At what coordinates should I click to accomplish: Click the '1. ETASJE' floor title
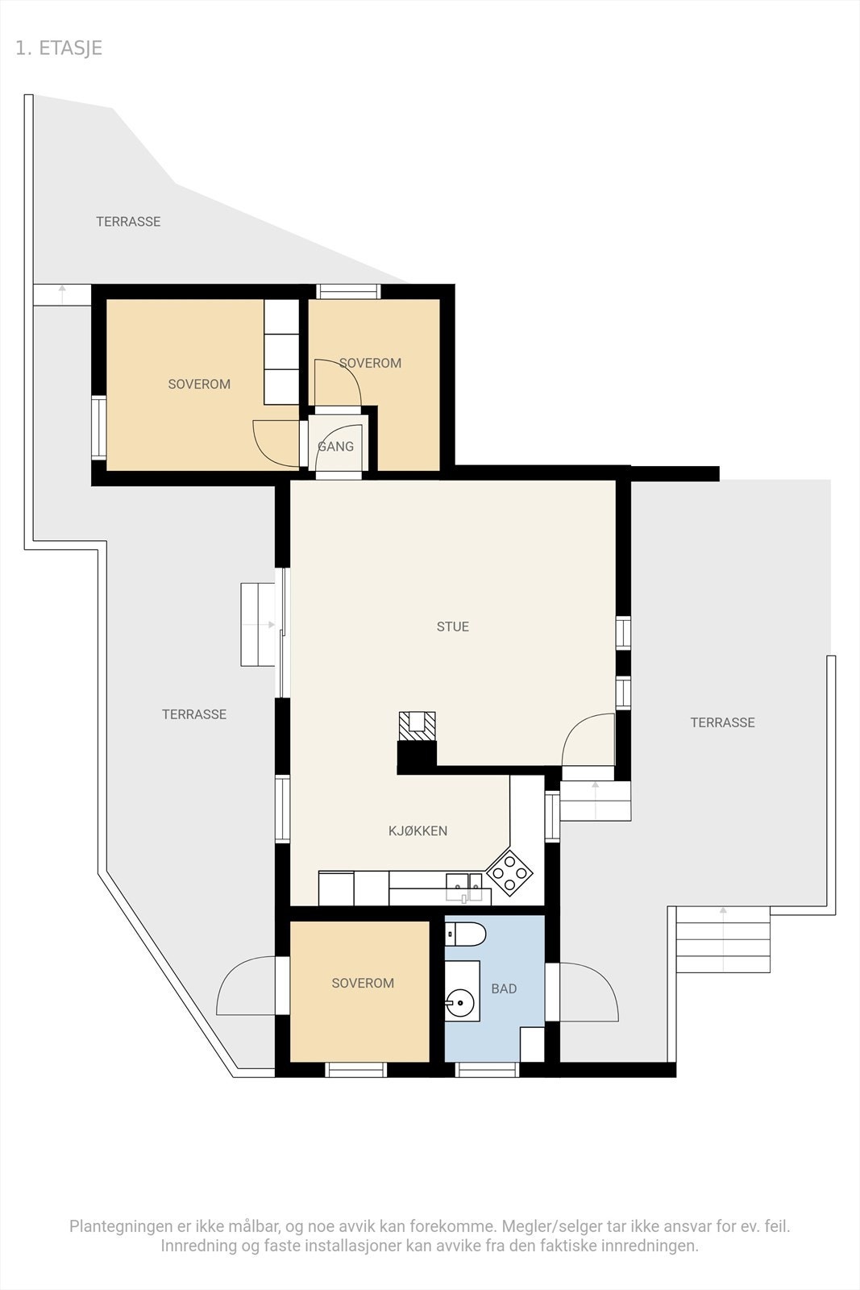[59, 48]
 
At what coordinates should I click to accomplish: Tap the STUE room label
[452, 626]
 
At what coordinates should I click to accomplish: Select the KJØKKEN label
[418, 830]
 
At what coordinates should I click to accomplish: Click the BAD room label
[504, 988]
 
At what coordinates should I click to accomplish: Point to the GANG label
[335, 446]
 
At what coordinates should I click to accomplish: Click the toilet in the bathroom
[467, 934]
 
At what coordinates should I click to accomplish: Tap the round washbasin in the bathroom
[460, 1004]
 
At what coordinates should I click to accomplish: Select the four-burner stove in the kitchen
[510, 872]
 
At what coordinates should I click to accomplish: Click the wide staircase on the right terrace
[723, 941]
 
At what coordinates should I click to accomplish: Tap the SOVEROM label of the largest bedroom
[199, 385]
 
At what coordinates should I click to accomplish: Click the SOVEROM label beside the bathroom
[363, 983]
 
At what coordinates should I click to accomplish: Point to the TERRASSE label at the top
[128, 222]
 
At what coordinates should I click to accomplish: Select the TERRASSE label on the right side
[722, 722]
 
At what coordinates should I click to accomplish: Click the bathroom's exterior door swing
[588, 992]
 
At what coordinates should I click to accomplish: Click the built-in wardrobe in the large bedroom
[281, 352]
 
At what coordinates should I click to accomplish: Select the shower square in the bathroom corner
[532, 1044]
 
